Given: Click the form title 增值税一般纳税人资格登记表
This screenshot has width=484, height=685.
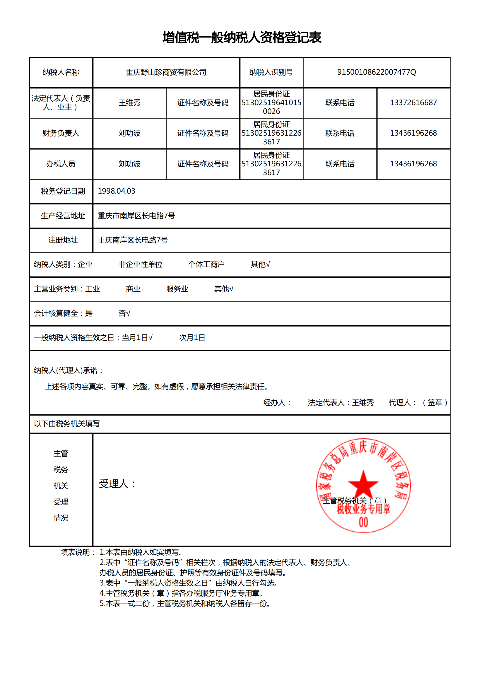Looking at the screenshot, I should pyautogui.click(x=242, y=38).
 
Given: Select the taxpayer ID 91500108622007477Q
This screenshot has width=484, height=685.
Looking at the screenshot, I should pyautogui.click(x=376, y=72).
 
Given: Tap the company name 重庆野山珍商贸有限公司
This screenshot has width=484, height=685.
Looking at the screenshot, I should pyautogui.click(x=166, y=72).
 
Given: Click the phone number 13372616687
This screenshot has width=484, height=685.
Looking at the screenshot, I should pyautogui.click(x=413, y=103).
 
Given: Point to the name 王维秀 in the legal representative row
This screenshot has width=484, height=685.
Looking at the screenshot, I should pyautogui.click(x=129, y=103).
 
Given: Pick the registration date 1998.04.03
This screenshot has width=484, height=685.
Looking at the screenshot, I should pyautogui.click(x=116, y=191).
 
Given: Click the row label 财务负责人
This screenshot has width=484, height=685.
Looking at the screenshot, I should pyautogui.click(x=61, y=133).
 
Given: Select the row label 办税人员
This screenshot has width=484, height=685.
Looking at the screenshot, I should pyautogui.click(x=61, y=164).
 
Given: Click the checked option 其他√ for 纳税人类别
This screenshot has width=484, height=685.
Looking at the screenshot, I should pyautogui.click(x=260, y=264).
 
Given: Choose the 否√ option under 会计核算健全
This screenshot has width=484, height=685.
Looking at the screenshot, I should pyautogui.click(x=124, y=313).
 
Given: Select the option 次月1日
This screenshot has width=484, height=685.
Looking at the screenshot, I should pyautogui.click(x=192, y=337).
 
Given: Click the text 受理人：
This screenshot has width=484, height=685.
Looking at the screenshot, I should pyautogui.click(x=117, y=484).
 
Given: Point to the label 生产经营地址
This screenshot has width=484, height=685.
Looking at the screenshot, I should pyautogui.click(x=63, y=216).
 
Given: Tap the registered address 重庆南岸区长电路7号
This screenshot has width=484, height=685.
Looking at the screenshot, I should pyautogui.click(x=133, y=240).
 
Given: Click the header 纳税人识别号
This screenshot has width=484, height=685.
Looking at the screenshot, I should pyautogui.click(x=271, y=72).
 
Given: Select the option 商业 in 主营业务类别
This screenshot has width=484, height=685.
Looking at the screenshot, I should pyautogui.click(x=133, y=289).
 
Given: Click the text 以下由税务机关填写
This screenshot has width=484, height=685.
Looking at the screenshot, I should pyautogui.click(x=67, y=424).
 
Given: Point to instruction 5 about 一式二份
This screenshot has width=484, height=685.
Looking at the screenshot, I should pyautogui.click(x=185, y=604).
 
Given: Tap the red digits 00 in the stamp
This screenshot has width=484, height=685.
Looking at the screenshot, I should pyautogui.click(x=363, y=522).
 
